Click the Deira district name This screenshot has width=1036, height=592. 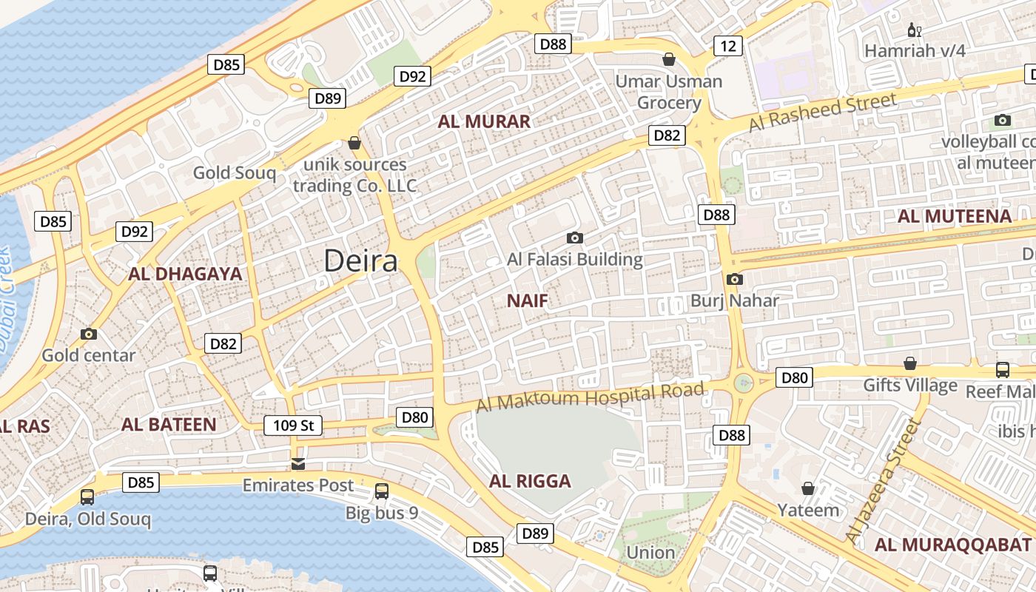pyautogui.click(x=361, y=260)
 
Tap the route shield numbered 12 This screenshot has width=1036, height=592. pyautogui.click(x=728, y=47)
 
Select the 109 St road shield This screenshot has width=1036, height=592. pyautogui.click(x=293, y=425)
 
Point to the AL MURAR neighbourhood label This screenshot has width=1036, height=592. pyautogui.click(x=484, y=122)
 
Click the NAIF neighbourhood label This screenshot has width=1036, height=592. pyautogui.click(x=528, y=300)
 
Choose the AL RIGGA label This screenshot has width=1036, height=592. pyautogui.click(x=530, y=482)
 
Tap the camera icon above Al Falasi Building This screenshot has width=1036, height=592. pyautogui.click(x=574, y=238)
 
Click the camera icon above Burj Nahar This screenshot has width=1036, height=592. pyautogui.click(x=734, y=279)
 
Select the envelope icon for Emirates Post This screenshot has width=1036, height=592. pyautogui.click(x=298, y=464)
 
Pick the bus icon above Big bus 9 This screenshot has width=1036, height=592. pyautogui.click(x=382, y=491)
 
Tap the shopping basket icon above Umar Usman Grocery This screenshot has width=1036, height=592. pyautogui.click(x=669, y=59)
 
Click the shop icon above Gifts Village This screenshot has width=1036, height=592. pyautogui.click(x=910, y=363)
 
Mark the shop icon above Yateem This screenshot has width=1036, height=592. pyautogui.click(x=808, y=488)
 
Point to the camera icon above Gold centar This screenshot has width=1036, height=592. pyautogui.click(x=89, y=334)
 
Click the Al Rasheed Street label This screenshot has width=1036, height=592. pyautogui.click(x=822, y=112)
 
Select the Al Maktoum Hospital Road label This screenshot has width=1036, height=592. pyautogui.click(x=590, y=397)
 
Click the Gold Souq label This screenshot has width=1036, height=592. pyautogui.click(x=234, y=173)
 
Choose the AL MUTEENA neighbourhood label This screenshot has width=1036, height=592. pyautogui.click(x=954, y=216)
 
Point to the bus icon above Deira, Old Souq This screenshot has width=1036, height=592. pyautogui.click(x=87, y=497)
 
